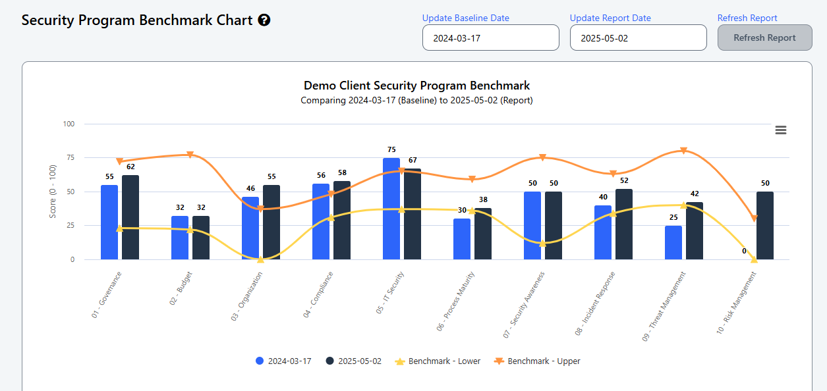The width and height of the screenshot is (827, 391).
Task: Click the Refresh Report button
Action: (764, 38)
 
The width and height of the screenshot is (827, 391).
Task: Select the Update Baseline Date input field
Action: (490, 38)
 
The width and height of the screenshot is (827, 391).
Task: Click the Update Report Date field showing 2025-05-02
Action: (638, 38)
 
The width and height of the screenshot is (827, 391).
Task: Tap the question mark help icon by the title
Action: (264, 20)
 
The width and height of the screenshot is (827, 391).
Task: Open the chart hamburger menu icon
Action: (781, 130)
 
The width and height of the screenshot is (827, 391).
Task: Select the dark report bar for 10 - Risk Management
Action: (765, 225)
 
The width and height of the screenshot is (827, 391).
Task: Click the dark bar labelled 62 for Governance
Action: (130, 217)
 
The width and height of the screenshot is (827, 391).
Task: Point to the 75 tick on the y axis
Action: (69, 158)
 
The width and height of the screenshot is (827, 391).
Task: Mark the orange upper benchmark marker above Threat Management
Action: (683, 151)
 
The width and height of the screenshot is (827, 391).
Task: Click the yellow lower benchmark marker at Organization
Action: (260, 259)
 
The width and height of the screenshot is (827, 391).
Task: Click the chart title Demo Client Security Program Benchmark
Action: (416, 86)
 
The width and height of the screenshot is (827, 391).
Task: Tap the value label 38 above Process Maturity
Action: (483, 199)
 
